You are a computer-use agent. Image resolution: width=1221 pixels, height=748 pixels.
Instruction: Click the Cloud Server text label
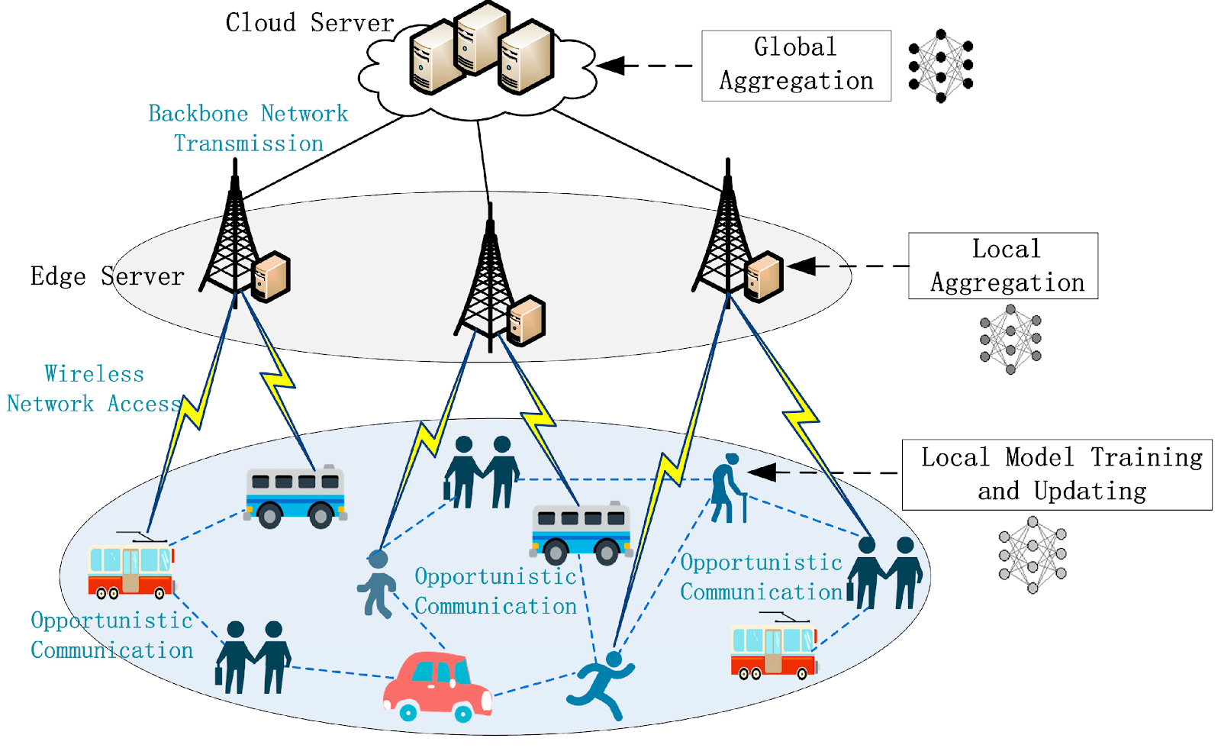click(x=310, y=23)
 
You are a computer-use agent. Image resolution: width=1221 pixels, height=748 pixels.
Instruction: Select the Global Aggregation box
click(x=796, y=66)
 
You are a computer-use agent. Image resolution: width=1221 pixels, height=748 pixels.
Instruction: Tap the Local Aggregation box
click(x=1003, y=266)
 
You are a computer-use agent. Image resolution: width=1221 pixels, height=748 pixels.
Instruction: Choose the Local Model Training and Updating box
click(x=1057, y=474)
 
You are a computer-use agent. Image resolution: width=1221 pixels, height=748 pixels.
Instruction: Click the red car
click(x=438, y=687)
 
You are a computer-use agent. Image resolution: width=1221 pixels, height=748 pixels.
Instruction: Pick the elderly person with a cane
click(x=729, y=488)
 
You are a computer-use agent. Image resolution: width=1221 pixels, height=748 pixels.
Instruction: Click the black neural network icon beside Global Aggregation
click(x=941, y=66)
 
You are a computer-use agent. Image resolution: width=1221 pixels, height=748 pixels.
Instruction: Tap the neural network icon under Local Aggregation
click(x=1010, y=339)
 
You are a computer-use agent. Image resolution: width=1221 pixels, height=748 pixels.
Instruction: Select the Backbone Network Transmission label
click(x=249, y=129)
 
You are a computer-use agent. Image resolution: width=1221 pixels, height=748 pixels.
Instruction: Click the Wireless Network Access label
click(x=94, y=389)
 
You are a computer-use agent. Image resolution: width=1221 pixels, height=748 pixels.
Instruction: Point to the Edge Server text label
click(x=108, y=276)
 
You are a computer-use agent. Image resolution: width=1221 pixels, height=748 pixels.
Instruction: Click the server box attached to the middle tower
click(x=526, y=320)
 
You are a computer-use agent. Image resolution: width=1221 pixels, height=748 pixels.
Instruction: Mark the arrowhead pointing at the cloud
click(x=610, y=66)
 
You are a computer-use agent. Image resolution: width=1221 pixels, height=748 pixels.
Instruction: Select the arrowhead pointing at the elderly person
click(x=762, y=472)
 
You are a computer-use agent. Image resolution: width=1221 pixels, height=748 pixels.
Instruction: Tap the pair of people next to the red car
click(x=253, y=657)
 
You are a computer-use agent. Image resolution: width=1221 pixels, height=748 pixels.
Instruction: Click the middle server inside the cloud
click(x=482, y=38)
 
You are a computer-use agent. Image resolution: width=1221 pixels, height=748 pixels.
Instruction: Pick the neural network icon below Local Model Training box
click(x=1033, y=555)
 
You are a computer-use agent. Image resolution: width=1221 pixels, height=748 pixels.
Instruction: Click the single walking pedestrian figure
click(x=377, y=584)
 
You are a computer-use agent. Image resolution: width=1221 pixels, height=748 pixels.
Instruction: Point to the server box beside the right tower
click(x=764, y=276)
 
